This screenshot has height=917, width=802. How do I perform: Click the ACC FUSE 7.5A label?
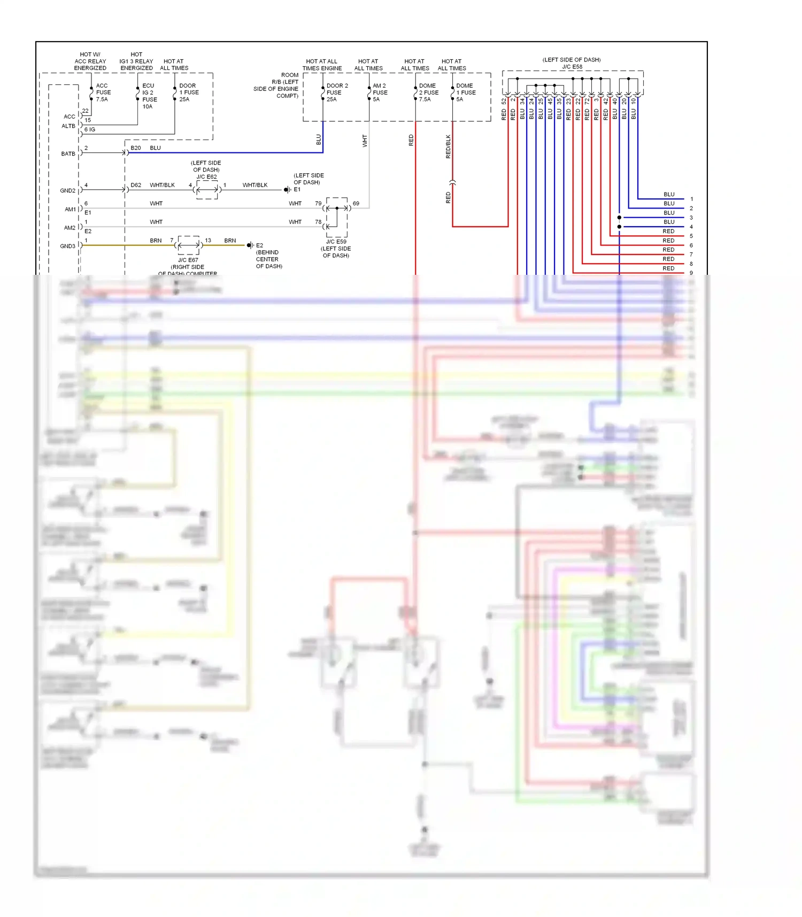pyautogui.click(x=103, y=93)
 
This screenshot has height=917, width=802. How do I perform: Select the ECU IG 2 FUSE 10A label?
pyautogui.click(x=149, y=96)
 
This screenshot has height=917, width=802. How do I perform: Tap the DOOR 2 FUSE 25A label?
pyautogui.click(x=336, y=93)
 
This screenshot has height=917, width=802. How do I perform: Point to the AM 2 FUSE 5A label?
pyautogui.click(x=380, y=93)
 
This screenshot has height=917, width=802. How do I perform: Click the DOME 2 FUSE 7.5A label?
pyautogui.click(x=428, y=93)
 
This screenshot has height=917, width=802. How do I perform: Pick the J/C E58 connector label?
pyautogui.click(x=572, y=67)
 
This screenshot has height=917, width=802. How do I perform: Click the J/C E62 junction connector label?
pyautogui.click(x=206, y=177)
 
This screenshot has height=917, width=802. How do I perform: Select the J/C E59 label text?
pyautogui.click(x=336, y=242)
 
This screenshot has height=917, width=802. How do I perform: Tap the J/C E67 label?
pyautogui.click(x=188, y=260)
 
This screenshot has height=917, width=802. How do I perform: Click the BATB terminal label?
pyautogui.click(x=68, y=154)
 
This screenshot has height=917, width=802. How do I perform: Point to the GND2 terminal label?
pyautogui.click(x=68, y=191)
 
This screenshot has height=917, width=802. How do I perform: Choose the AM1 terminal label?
pyautogui.click(x=70, y=210)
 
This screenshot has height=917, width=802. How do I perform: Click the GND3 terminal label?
pyautogui.click(x=68, y=246)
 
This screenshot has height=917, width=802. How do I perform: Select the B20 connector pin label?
pyautogui.click(x=136, y=148)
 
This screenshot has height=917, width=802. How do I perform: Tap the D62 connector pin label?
pyautogui.click(x=136, y=186)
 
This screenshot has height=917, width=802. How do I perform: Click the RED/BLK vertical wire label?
pyautogui.click(x=448, y=147)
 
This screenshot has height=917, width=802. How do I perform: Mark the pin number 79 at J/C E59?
pyautogui.click(x=318, y=204)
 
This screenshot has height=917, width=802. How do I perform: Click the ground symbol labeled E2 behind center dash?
pyautogui.click(x=250, y=245)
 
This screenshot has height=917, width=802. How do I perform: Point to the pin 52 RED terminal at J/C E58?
pyautogui.click(x=504, y=101)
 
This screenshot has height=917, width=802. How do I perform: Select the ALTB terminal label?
pyautogui.click(x=68, y=126)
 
